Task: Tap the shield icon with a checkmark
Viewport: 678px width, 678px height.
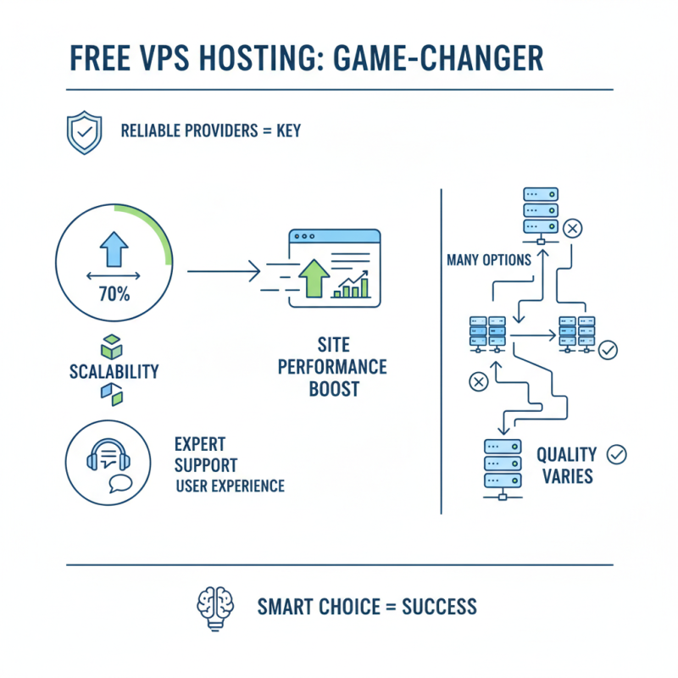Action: (83, 131)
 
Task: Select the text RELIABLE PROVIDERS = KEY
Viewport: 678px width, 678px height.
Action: (210, 131)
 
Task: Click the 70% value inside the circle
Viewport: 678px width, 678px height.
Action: (113, 295)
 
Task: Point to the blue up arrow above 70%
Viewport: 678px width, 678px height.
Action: (113, 252)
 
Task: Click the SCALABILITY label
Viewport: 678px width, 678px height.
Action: (113, 372)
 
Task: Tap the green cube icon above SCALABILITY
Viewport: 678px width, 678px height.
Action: (112, 347)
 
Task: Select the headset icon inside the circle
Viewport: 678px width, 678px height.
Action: (106, 458)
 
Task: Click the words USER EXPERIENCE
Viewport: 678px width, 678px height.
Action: (230, 486)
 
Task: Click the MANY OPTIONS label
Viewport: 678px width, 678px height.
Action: (488, 260)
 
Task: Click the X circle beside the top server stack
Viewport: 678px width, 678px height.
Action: (574, 228)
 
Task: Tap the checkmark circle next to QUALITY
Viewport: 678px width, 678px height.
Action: (618, 455)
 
